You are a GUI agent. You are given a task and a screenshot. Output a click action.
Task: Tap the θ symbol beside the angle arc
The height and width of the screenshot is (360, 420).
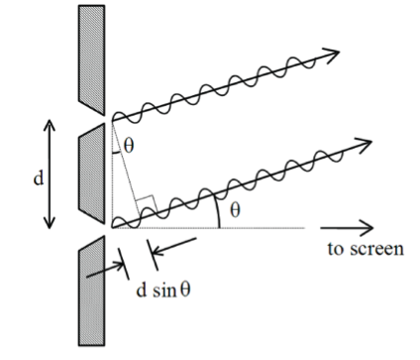click(234, 210)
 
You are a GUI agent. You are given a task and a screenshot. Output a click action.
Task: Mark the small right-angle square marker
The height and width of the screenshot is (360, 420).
click(145, 205)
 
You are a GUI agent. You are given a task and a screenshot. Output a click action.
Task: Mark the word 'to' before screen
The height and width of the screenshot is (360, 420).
click(336, 248)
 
